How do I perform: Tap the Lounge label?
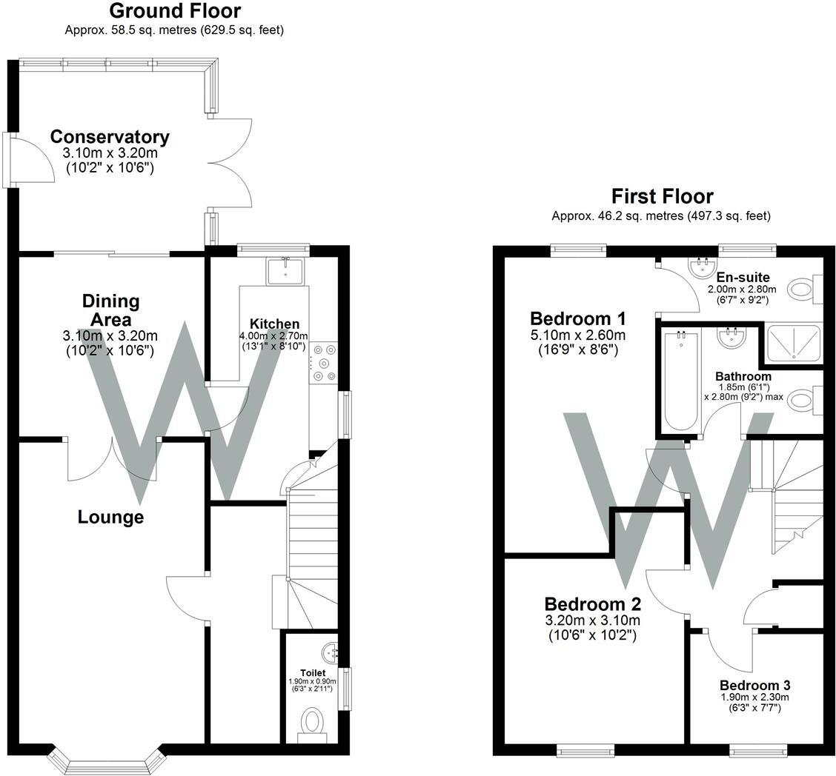tap(110, 517)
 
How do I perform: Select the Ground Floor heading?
tap(175, 11)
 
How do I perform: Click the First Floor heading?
tap(662, 196)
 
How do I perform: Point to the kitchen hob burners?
tap(324, 363)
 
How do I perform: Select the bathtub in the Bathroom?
tap(680, 381)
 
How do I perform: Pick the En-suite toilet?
tap(803, 289)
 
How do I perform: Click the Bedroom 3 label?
tap(754, 685)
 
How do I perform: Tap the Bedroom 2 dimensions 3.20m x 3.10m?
tap(592, 621)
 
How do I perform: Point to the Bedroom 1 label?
tap(578, 319)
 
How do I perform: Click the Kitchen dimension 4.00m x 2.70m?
tap(274, 336)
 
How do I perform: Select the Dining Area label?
tap(110, 311)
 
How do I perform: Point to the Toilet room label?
tap(313, 673)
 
